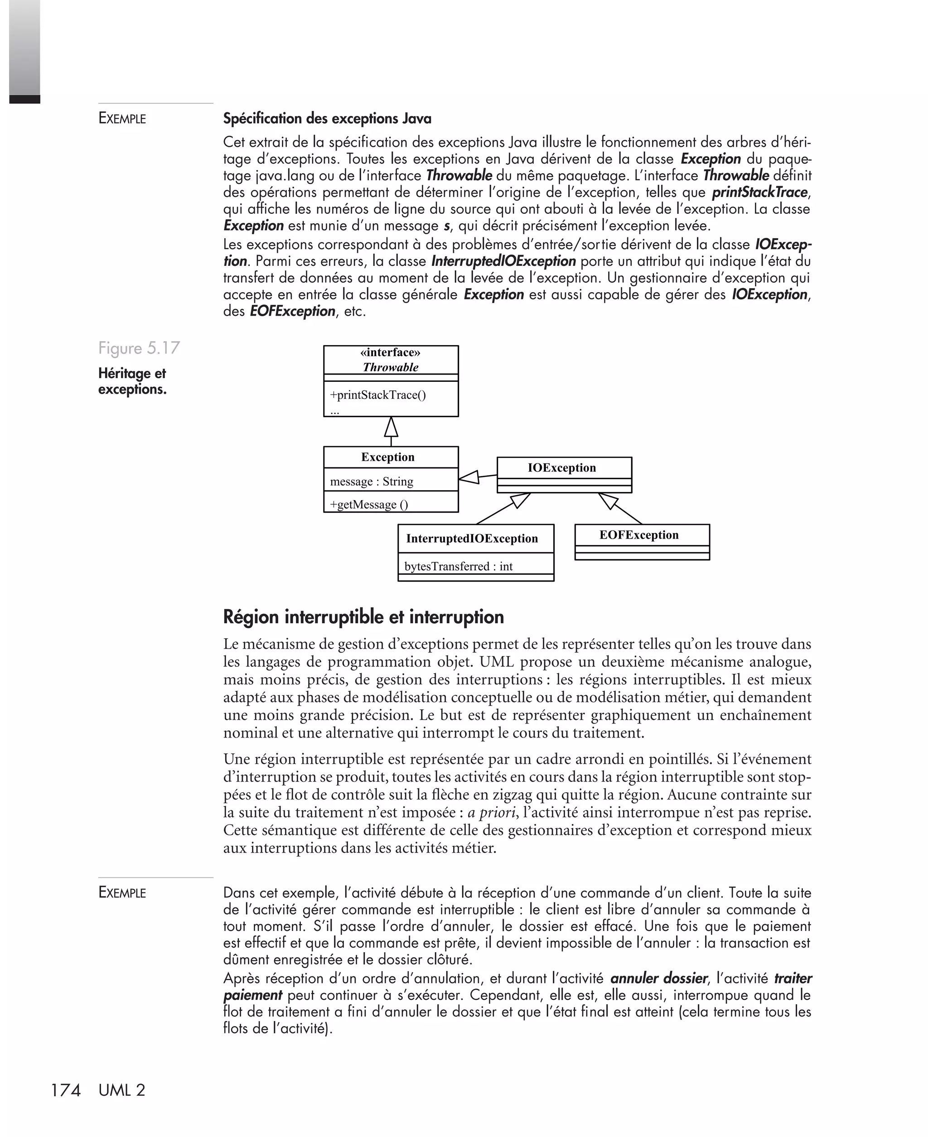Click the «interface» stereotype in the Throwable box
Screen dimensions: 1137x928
[x=390, y=352]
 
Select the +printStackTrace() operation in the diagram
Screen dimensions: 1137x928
[x=378, y=395]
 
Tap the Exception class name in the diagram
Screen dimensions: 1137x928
[x=387, y=458]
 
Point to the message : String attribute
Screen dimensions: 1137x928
[x=372, y=482]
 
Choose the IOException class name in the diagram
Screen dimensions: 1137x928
[x=561, y=468]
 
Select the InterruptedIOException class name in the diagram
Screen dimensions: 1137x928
[x=472, y=539]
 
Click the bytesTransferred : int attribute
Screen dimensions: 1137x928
[x=458, y=566]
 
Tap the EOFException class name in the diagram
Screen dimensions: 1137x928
[x=639, y=535]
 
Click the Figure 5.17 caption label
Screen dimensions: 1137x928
[x=139, y=348]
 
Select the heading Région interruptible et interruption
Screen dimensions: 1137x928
[x=363, y=617]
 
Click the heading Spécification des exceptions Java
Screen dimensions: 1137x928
[x=327, y=119]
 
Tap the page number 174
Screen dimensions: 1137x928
[x=65, y=1090]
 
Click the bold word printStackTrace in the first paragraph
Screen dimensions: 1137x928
[x=759, y=193]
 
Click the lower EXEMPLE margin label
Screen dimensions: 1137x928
[x=122, y=893]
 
